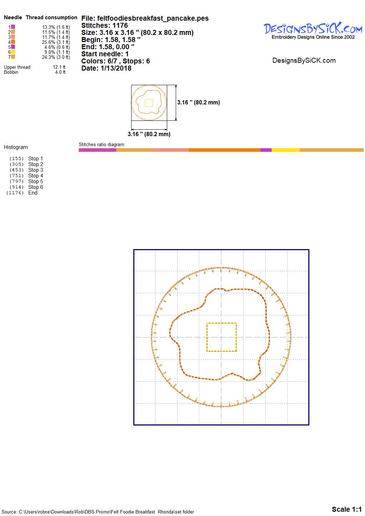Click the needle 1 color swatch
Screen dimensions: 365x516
pyautogui.click(x=13, y=27)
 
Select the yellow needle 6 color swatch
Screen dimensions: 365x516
pyautogui.click(x=13, y=52)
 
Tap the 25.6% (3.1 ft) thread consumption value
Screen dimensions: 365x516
pyautogui.click(x=56, y=42)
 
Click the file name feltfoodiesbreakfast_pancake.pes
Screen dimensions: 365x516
pyautogui.click(x=153, y=18)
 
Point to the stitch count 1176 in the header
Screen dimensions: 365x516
pyautogui.click(x=120, y=25)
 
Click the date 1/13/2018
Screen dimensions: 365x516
pyautogui.click(x=116, y=68)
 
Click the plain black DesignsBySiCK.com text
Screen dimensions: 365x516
pyautogui.click(x=304, y=61)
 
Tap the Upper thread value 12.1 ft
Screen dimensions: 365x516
pyautogui.click(x=59, y=67)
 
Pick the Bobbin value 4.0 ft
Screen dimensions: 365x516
pyautogui.click(x=60, y=72)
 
